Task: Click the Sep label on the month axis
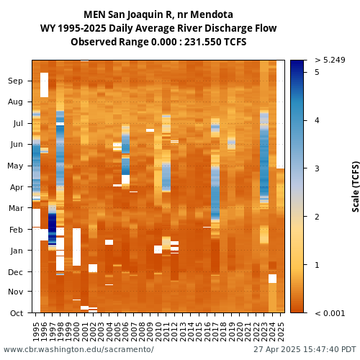click(x=15, y=81)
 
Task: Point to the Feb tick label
click(x=16, y=230)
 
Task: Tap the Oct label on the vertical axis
click(x=17, y=313)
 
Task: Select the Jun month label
click(x=17, y=145)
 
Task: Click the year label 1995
click(x=36, y=331)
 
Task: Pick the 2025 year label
click(x=281, y=331)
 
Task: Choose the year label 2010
click(x=158, y=331)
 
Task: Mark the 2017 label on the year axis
click(x=215, y=331)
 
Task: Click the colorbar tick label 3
click(x=317, y=168)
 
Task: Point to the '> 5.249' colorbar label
click(x=330, y=60)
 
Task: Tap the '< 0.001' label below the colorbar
click(x=330, y=313)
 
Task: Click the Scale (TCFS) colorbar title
click(x=356, y=186)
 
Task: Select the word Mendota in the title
click(x=212, y=14)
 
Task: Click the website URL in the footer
click(x=78, y=349)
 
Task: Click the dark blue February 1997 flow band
click(x=52, y=228)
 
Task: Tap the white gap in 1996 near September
click(x=44, y=85)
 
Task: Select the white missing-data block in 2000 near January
click(x=76, y=247)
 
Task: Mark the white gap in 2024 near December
click(x=272, y=279)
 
